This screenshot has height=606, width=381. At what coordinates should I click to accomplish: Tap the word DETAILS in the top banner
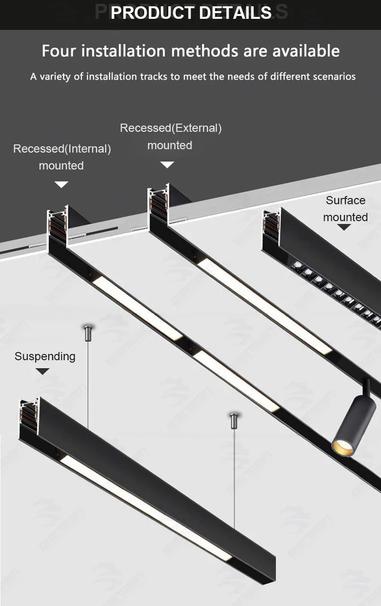point(235,13)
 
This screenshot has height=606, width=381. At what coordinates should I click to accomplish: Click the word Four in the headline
point(59,51)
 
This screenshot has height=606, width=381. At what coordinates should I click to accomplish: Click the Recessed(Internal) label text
point(62,149)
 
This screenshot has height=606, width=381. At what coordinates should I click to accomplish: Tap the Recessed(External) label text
point(171,128)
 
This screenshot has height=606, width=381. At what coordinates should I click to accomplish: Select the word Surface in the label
point(345,200)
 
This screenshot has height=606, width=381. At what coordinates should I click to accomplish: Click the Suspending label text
point(45,356)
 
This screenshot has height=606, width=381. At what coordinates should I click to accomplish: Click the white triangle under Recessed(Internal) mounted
point(61,184)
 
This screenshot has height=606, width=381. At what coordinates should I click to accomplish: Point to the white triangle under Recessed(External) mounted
point(167,165)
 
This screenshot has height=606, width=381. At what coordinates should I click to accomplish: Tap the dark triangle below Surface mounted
point(344,227)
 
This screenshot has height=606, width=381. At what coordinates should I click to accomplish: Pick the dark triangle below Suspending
point(43,371)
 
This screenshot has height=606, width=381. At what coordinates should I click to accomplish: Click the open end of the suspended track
point(28,416)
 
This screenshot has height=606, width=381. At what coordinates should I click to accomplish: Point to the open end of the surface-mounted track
point(271,226)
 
